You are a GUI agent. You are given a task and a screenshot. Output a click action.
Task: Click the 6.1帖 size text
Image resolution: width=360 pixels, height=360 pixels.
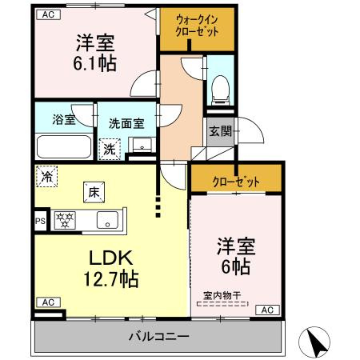(94, 63)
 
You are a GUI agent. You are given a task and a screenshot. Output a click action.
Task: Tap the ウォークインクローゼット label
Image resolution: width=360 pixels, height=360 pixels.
(196, 27)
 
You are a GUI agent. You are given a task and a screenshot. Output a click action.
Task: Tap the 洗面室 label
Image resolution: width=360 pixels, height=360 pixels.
(126, 124)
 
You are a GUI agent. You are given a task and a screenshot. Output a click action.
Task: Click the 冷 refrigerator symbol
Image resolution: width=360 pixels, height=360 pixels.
(47, 176)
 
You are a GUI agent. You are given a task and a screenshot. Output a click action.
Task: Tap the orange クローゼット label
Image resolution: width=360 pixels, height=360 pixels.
(236, 182)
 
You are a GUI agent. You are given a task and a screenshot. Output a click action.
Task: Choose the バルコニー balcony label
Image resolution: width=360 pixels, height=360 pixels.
(158, 336)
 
